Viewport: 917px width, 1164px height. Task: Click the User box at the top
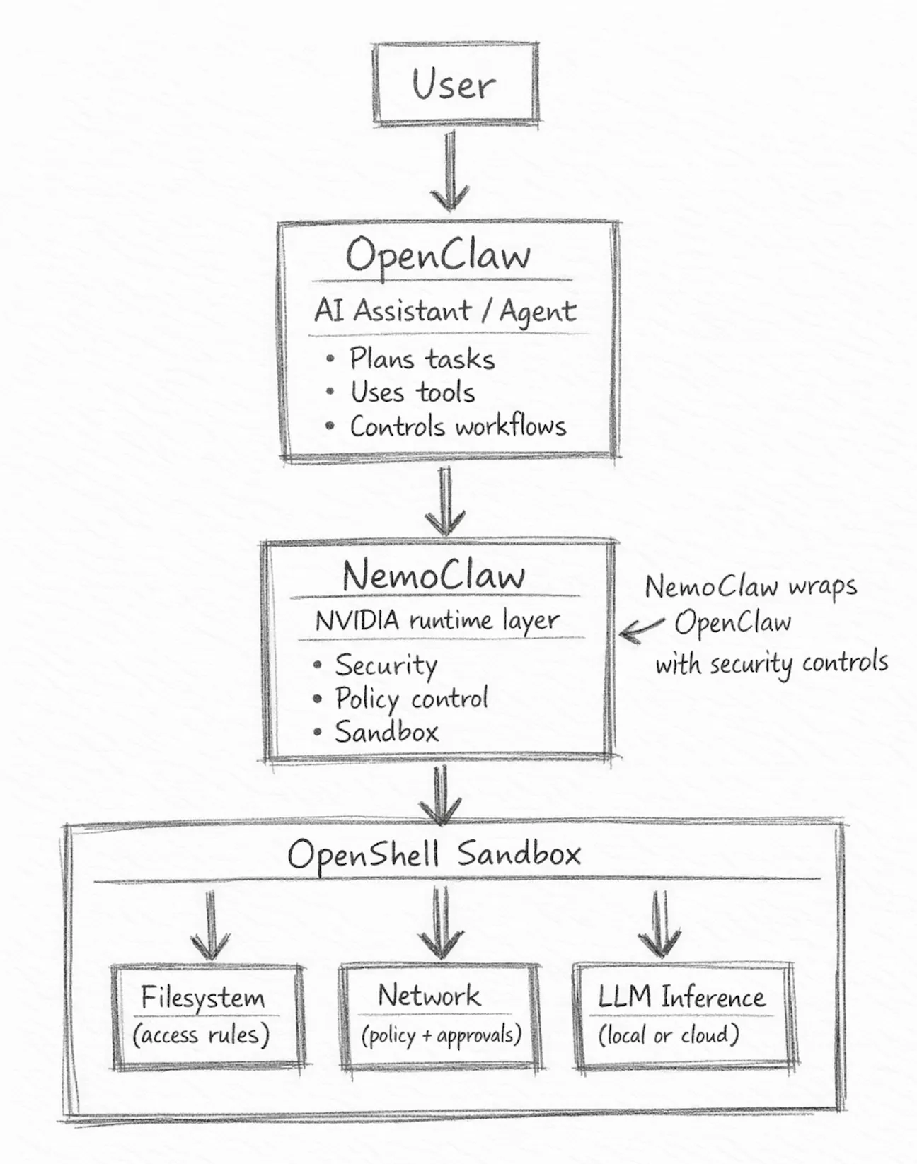455,83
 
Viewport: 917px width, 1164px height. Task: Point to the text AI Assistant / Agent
445,311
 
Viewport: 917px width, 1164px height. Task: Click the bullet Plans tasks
422,359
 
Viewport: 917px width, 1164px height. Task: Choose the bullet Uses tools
413,392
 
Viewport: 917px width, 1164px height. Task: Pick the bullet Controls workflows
458,426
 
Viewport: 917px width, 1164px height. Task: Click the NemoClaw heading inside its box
434,576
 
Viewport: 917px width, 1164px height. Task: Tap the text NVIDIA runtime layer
437,621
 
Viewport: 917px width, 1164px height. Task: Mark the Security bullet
386,665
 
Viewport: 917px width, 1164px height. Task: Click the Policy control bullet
411,699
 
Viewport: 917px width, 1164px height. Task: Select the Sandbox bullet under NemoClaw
386,732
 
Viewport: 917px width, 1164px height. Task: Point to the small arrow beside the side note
641,629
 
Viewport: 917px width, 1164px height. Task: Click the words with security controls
771,664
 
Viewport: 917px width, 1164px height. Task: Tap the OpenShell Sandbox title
434,854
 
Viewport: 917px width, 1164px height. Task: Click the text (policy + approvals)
441,1035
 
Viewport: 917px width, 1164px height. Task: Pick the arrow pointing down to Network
441,923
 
